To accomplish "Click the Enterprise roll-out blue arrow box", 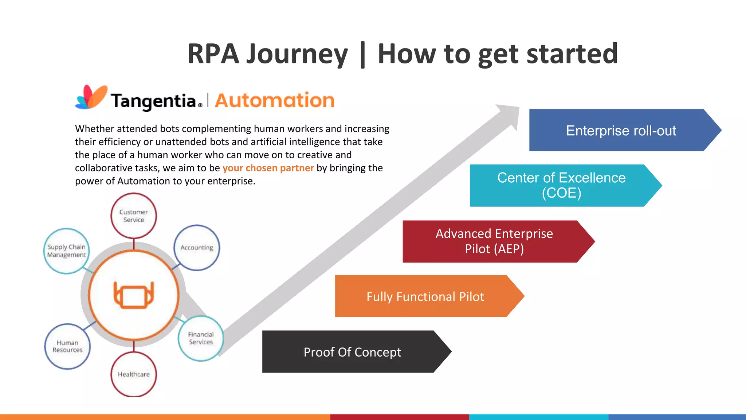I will point(621,130).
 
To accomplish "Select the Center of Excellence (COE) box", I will point(561,185).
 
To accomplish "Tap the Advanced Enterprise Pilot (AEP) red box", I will point(494,241).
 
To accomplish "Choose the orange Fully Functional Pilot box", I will point(425,296).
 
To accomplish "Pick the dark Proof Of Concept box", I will point(352,352).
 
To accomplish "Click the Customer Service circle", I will point(134,216).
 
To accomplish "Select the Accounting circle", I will point(197,248).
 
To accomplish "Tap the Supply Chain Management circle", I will point(66,251).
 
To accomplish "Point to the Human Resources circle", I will point(67,346).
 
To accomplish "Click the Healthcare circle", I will point(134,374).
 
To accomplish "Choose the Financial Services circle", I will point(201,338).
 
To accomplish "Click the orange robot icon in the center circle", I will point(134,295).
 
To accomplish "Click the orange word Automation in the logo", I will point(275,100).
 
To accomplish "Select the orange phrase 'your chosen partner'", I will point(268,168).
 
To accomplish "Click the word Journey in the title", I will point(297,54).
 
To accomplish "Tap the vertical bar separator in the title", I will point(362,55).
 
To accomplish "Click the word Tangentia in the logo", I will point(154,101).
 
